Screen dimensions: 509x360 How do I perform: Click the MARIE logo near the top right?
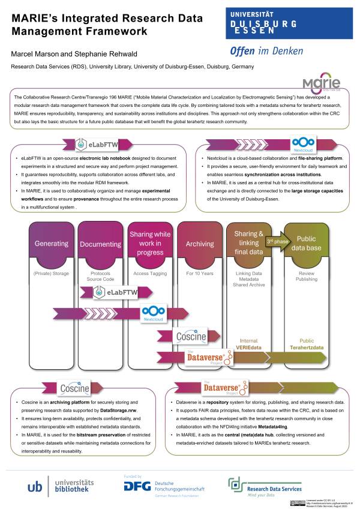[317, 83]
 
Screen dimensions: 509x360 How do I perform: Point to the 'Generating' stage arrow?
[51, 245]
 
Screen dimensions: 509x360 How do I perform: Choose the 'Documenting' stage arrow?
[101, 245]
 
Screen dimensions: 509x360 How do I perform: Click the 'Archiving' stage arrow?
[200, 244]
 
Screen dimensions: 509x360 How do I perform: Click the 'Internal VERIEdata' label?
[248, 343]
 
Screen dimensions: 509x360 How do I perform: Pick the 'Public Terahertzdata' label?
[307, 343]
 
